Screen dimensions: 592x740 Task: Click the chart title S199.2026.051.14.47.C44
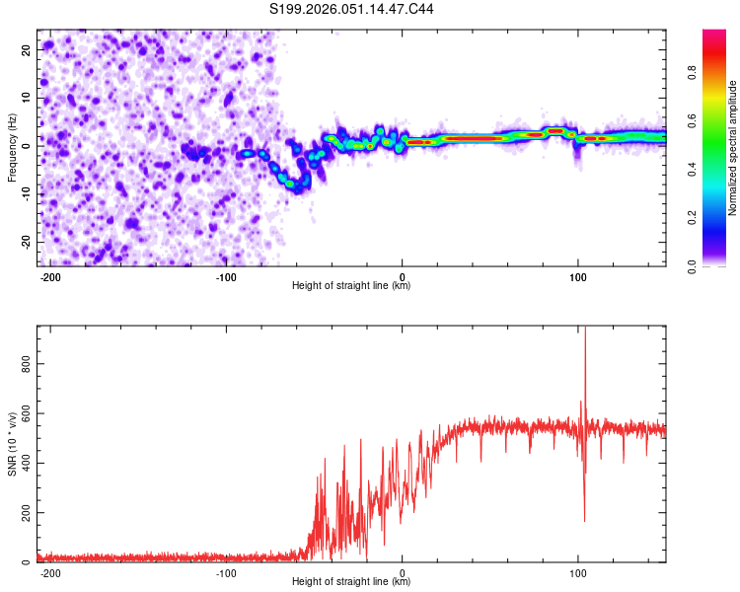tap(352, 10)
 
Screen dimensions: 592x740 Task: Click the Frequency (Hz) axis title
tap(12, 148)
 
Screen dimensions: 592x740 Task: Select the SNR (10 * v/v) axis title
tap(12, 444)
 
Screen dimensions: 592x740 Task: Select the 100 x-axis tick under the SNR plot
tap(578, 572)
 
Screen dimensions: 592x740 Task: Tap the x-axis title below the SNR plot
tap(351, 582)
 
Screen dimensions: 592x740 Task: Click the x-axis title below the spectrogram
tap(351, 286)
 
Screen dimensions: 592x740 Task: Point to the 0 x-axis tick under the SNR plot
tap(403, 572)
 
